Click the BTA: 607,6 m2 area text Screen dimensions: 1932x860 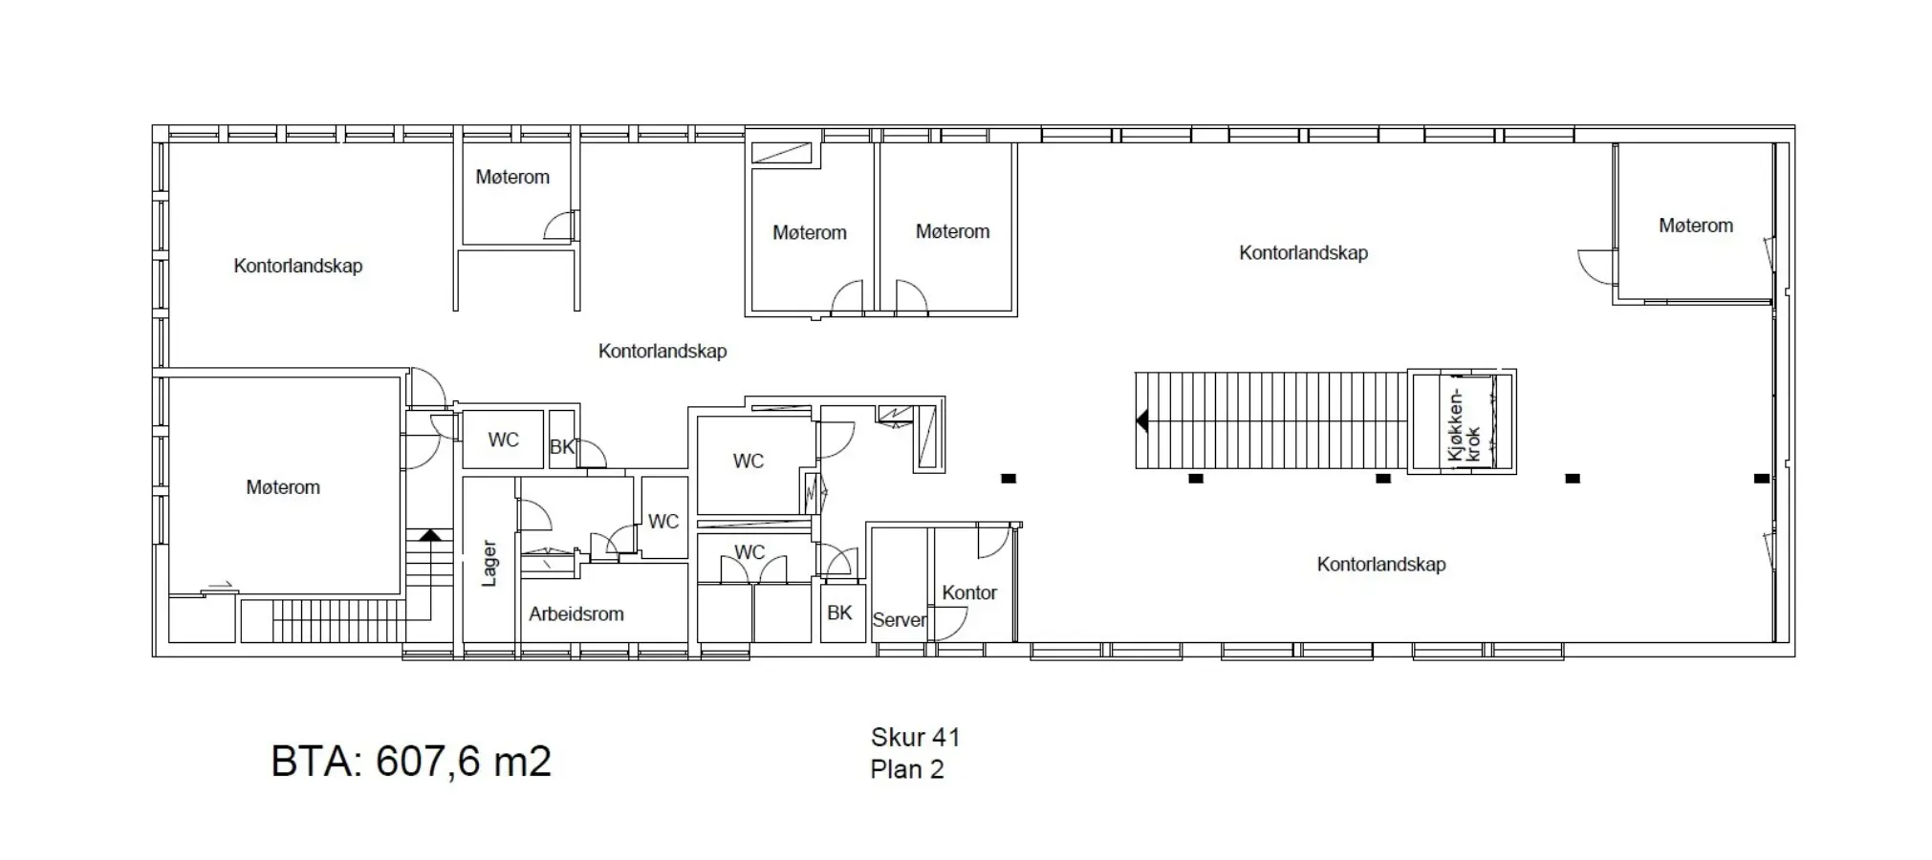click(411, 762)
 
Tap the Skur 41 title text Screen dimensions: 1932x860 click(915, 737)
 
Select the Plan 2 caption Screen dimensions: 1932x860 click(907, 769)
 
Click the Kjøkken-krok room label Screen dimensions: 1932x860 click(1463, 424)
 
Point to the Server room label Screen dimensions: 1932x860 click(899, 620)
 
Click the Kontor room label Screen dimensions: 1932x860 click(969, 592)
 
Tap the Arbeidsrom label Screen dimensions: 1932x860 click(576, 614)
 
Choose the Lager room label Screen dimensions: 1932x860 click(489, 563)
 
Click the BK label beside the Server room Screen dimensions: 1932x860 click(839, 613)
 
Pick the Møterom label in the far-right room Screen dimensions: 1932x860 click(1696, 226)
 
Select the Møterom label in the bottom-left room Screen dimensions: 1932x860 click(283, 487)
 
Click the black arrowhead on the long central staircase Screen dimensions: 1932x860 click(1142, 420)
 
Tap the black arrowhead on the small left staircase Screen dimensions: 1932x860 click(430, 535)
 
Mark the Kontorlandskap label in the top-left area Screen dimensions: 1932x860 click(298, 266)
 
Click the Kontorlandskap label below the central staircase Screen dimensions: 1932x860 click(1381, 564)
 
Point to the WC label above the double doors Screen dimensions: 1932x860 click(749, 552)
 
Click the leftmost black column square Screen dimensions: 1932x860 click(1009, 479)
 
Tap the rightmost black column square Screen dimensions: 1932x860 click(1762, 479)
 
